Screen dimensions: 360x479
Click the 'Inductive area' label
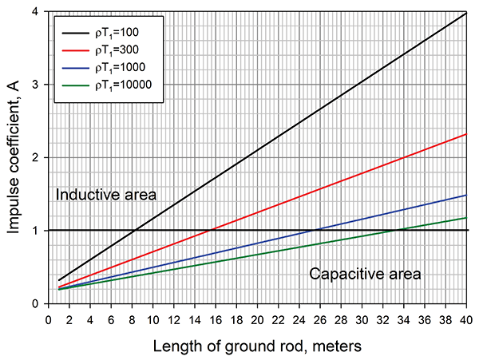click(x=105, y=195)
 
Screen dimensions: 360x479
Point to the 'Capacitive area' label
click(x=365, y=274)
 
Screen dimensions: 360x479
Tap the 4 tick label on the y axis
click(x=36, y=12)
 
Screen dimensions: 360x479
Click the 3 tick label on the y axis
click(x=36, y=85)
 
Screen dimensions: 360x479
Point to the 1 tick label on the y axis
click(x=36, y=230)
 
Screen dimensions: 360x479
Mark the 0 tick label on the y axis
click(x=36, y=303)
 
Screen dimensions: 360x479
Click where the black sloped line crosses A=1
click(x=134, y=230)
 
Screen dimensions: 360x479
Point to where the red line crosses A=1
click(x=208, y=230)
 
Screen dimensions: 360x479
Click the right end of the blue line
click(x=466, y=195)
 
